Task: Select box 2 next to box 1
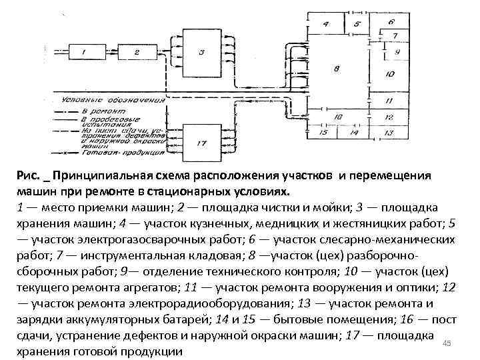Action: coord(136,52)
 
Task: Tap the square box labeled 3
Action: coord(202,52)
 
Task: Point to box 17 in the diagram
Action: coord(202,143)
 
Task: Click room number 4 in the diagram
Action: coord(326,25)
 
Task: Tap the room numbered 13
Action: coord(390,132)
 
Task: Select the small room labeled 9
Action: coord(396,51)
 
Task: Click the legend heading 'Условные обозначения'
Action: coord(109,100)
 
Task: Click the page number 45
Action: coord(447,343)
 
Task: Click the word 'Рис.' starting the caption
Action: coord(29,177)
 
